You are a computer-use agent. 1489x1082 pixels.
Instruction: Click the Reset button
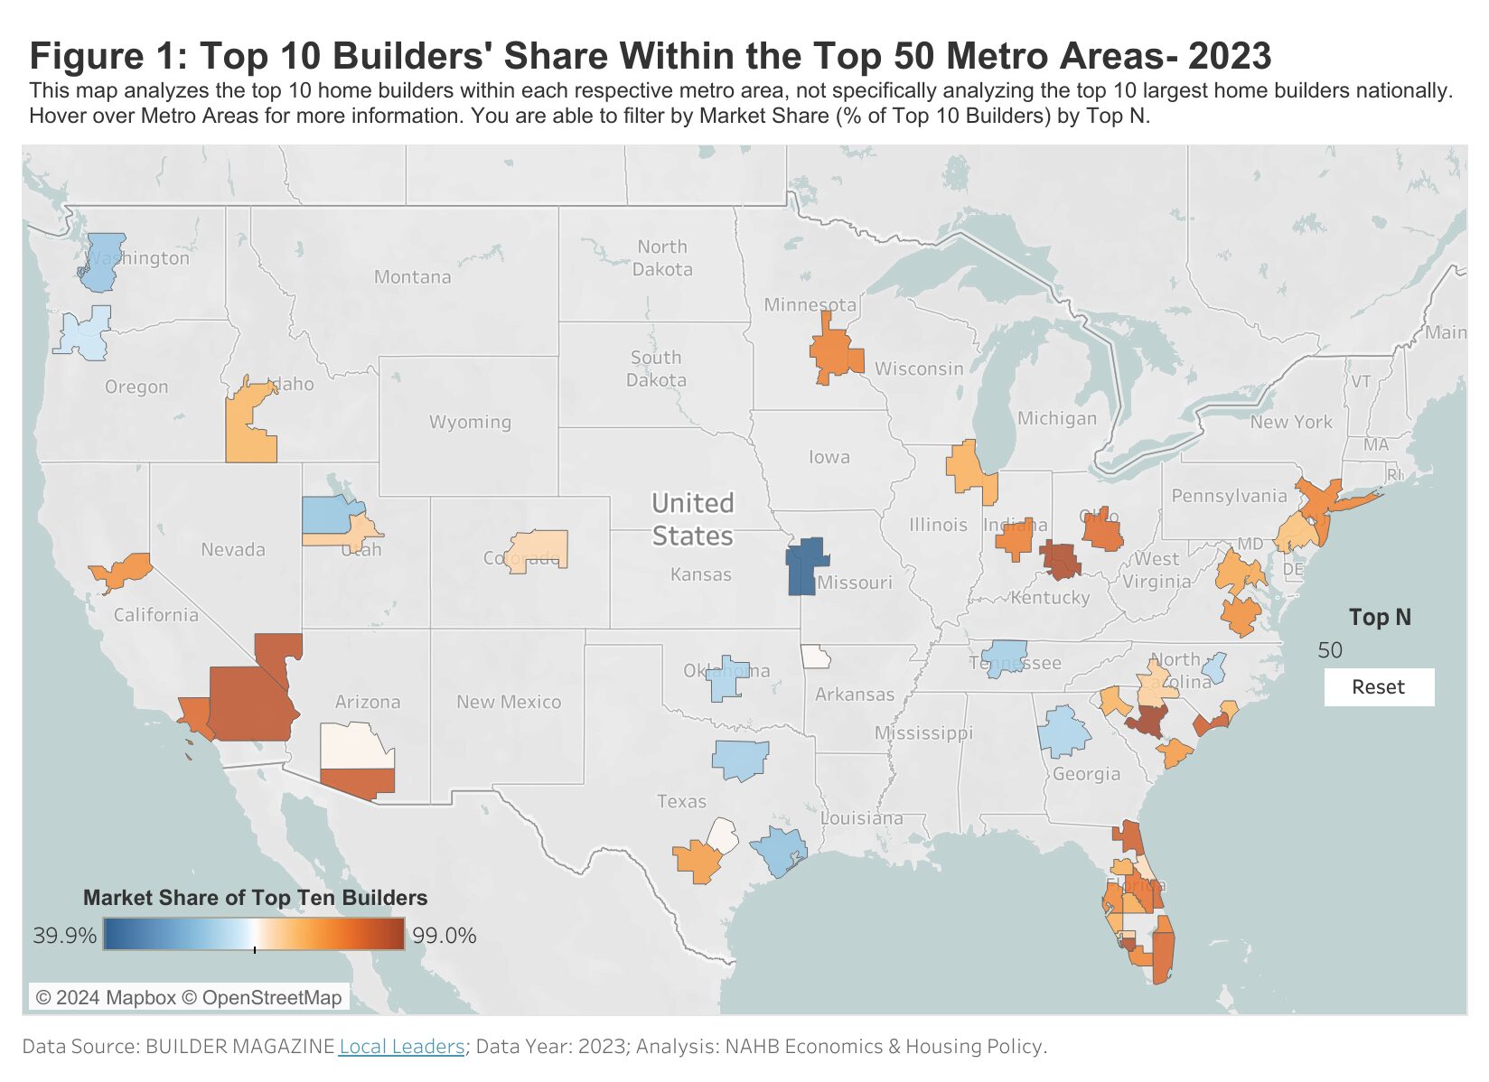tap(1378, 687)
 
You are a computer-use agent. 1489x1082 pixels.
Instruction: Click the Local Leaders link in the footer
tap(401, 1046)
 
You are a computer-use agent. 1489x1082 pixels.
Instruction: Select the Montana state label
tap(412, 277)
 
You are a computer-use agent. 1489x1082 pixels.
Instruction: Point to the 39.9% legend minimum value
tap(64, 936)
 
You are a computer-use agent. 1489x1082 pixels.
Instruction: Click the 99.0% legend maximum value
tap(444, 936)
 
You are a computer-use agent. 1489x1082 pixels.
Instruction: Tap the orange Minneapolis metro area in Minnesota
tap(833, 353)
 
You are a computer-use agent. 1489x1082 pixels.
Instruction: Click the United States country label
tap(692, 519)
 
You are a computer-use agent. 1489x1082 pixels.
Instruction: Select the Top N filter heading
tap(1379, 618)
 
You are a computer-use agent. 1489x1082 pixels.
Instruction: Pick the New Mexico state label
tap(508, 702)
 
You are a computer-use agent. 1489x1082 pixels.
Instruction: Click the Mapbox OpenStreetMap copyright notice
tap(189, 997)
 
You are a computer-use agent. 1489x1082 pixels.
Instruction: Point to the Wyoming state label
tap(470, 422)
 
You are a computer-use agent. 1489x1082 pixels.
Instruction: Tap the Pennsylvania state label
tap(1228, 496)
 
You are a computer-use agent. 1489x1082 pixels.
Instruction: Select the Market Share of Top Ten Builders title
tap(255, 898)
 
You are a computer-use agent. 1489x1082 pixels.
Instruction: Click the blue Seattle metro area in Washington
tap(104, 262)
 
